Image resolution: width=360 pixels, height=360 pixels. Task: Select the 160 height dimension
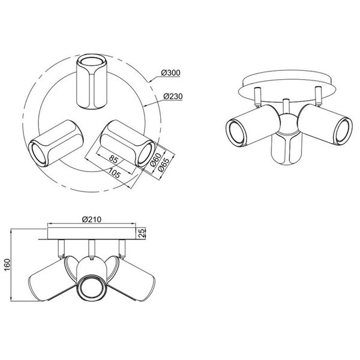[x=7, y=265]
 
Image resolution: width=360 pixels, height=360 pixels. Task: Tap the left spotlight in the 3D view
[x=248, y=125]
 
